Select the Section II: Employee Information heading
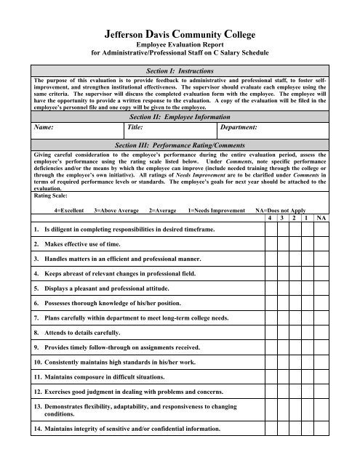pyautogui.click(x=180, y=116)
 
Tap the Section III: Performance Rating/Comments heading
pyautogui.click(x=180, y=145)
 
